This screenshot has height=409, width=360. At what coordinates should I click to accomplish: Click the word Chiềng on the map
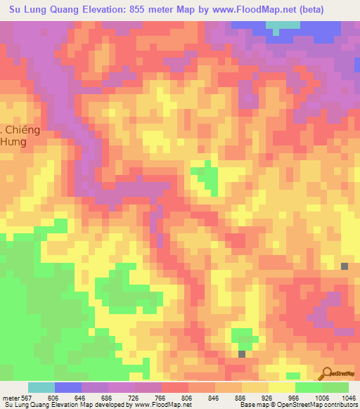point(23,131)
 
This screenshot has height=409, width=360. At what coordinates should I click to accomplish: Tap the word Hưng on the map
point(13,142)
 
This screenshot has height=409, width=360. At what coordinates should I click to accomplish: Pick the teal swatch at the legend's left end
point(41,387)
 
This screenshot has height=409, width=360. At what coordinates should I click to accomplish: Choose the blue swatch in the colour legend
point(67,387)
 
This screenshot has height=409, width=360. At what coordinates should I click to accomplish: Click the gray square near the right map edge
point(345,266)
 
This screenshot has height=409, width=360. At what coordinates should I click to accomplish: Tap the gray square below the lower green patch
point(242,354)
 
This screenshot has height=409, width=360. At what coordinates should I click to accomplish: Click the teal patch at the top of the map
point(283,27)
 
